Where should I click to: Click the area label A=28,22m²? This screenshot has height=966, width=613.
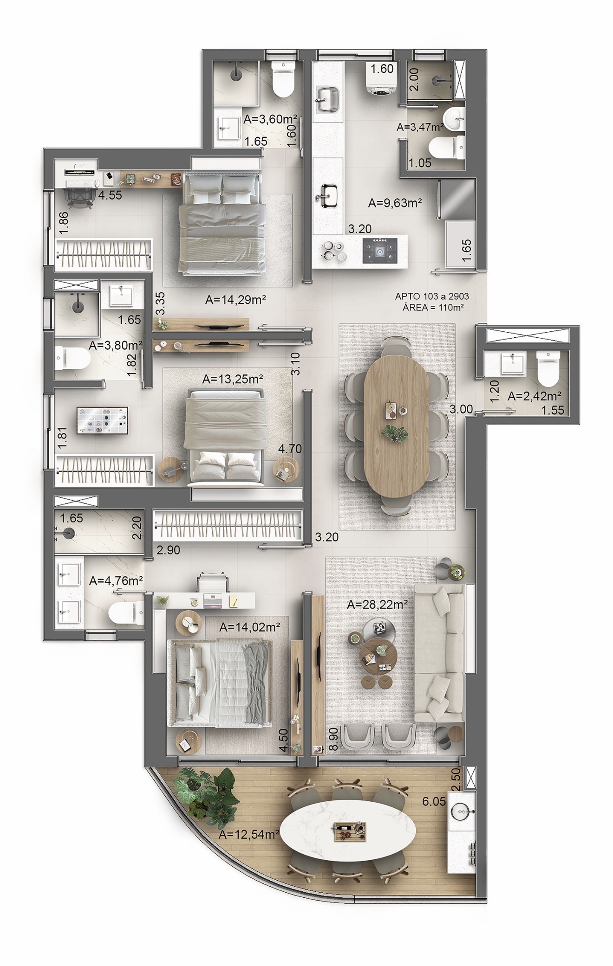(378, 605)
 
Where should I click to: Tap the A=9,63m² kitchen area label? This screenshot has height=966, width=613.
(395, 202)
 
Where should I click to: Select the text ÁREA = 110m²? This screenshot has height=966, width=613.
(430, 307)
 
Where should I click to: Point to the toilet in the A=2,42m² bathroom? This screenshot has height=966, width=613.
(548, 368)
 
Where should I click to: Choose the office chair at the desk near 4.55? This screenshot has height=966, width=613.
(77, 195)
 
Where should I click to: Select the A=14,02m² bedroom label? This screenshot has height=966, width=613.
(250, 628)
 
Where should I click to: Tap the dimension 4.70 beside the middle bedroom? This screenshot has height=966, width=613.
(290, 449)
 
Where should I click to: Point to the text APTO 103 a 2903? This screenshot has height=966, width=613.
(430, 296)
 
